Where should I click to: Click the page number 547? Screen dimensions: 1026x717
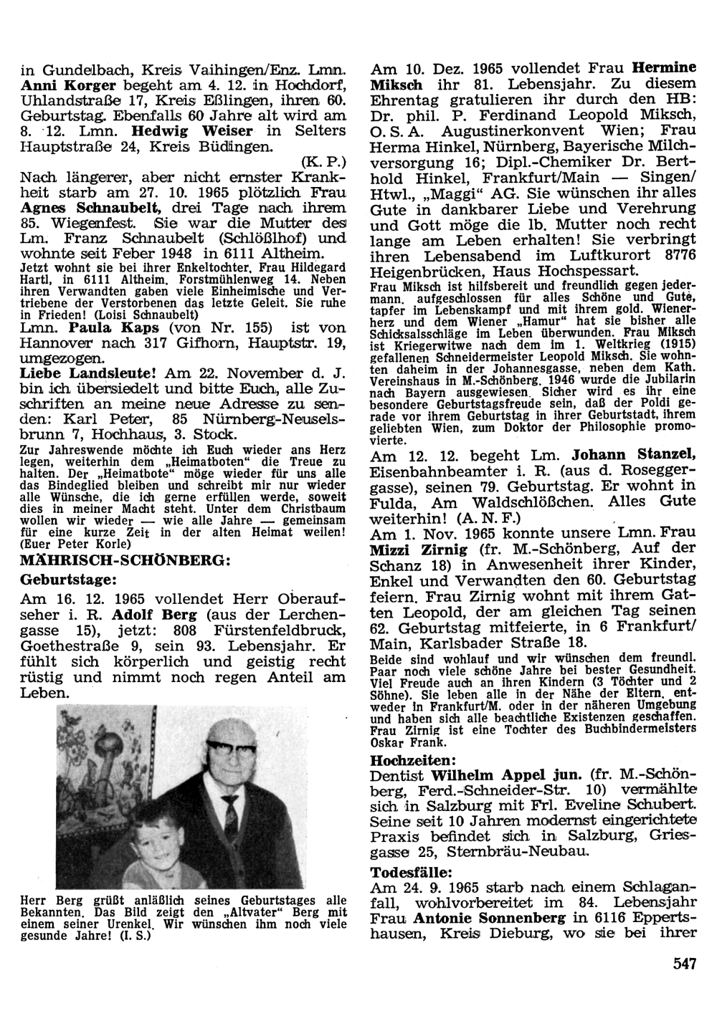click(685, 964)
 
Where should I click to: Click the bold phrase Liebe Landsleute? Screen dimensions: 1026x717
click(90, 373)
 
